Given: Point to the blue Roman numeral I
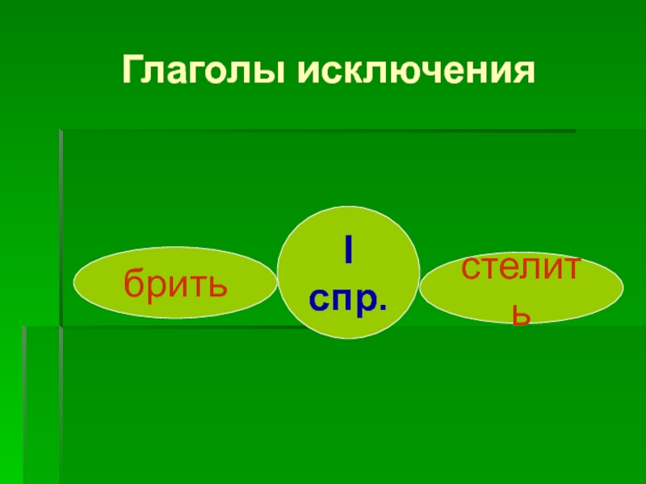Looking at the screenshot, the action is click(349, 251).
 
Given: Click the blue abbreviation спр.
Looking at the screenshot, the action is click(348, 299).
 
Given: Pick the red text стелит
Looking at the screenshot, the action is click(521, 268).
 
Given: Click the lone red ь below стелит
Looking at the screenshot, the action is click(520, 315).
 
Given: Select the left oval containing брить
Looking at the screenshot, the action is click(175, 282).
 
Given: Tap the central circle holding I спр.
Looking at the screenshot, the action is click(349, 273).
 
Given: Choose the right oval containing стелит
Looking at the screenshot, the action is click(521, 288).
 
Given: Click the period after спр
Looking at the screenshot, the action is click(382, 307).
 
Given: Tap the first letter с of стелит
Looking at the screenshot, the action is click(470, 269).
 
